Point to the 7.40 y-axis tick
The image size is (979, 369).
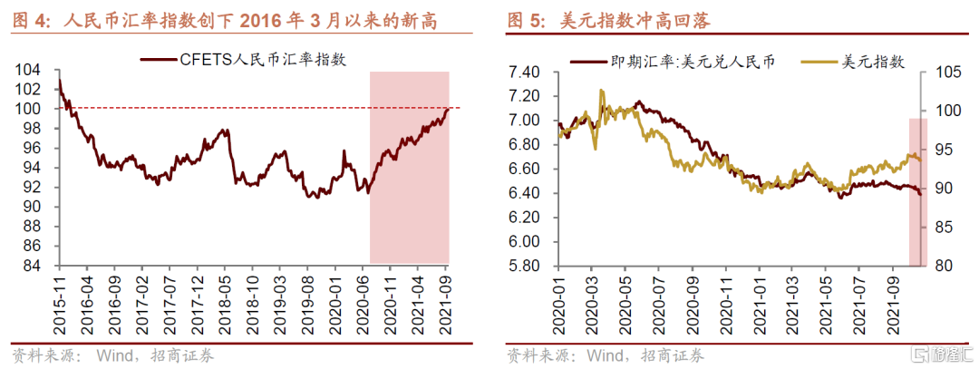pyautogui.click(x=526, y=72)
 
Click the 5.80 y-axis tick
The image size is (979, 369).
pyautogui.click(x=526, y=266)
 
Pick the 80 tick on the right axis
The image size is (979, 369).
pyautogui.click(x=940, y=266)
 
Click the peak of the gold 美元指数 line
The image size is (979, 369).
pyautogui.click(x=601, y=91)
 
